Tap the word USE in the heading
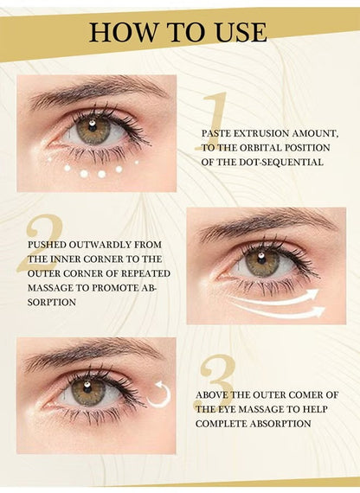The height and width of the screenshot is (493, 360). (x=241, y=33)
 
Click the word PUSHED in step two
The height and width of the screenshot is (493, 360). (x=47, y=245)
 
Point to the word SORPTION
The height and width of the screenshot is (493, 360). (x=52, y=303)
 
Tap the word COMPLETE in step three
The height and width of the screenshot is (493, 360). (x=222, y=424)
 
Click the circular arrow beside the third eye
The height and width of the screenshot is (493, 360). (x=160, y=396)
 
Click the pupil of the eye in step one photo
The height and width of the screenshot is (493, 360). (x=93, y=128)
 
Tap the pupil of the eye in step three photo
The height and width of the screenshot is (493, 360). (x=87, y=390)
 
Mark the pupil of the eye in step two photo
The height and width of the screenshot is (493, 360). (x=262, y=260)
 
